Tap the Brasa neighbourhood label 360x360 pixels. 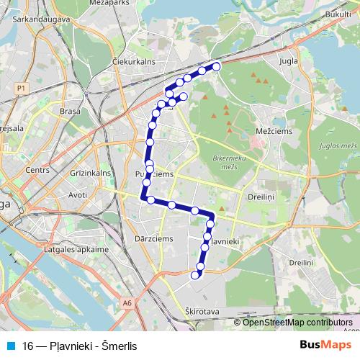(x=71, y=112)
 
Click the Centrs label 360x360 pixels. (x=36, y=171)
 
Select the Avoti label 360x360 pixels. (x=77, y=194)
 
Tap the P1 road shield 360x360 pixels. (x=19, y=87)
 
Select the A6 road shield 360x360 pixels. (x=127, y=304)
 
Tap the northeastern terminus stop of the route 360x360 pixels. (x=215, y=67)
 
